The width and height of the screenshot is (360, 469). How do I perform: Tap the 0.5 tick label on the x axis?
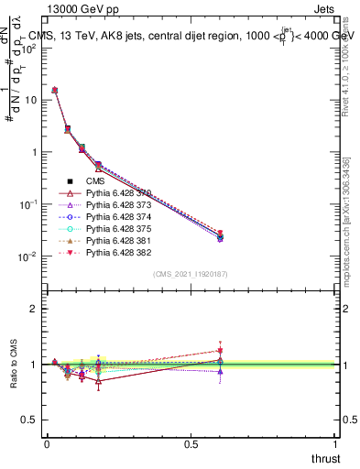tap(191, 444)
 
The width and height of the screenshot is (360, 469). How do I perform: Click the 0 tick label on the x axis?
tap(47, 444)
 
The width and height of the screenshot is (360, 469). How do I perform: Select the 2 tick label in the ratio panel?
tap(34, 309)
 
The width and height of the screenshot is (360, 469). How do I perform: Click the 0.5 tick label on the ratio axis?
tap(29, 420)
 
